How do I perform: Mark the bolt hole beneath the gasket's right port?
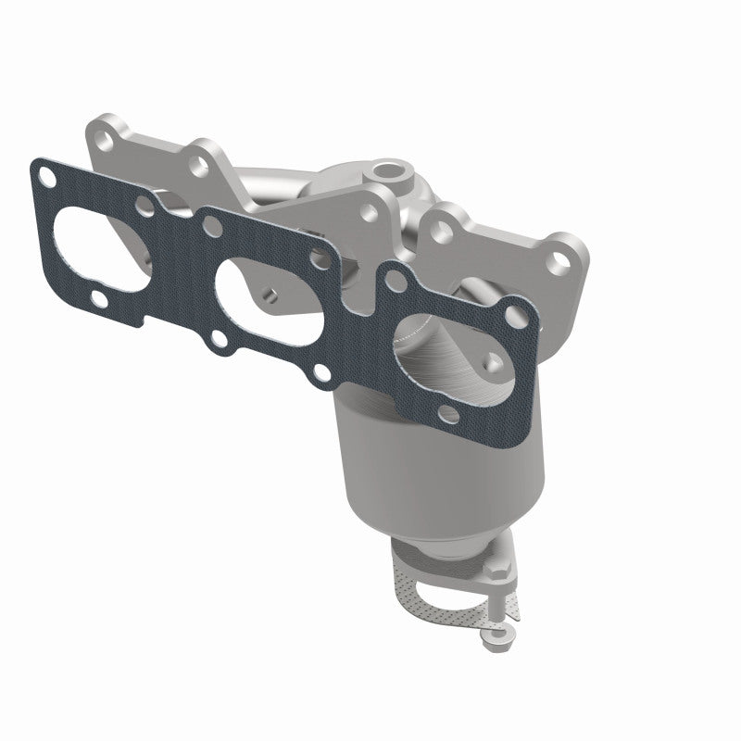450,412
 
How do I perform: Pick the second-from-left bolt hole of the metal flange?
197,165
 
